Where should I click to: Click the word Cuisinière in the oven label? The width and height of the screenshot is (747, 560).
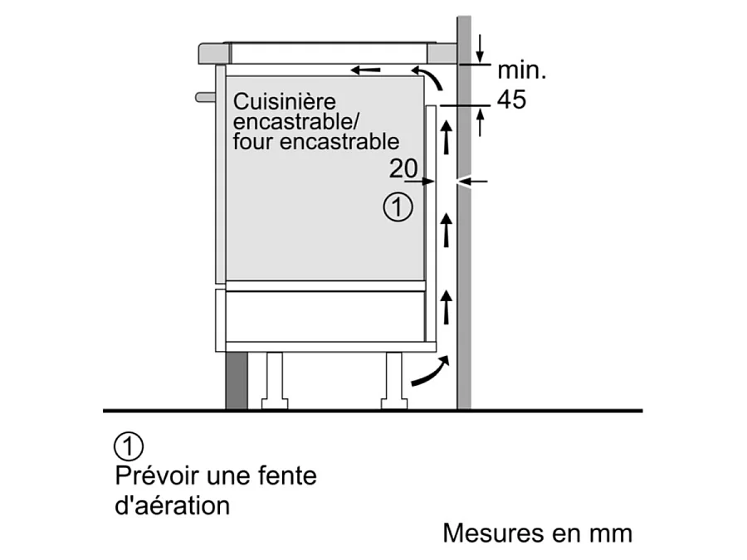[x=274, y=103]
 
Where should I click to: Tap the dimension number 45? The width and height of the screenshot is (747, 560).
[x=511, y=100]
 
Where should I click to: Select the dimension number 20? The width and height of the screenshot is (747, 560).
[x=403, y=168]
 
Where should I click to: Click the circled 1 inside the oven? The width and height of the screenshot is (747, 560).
[x=398, y=207]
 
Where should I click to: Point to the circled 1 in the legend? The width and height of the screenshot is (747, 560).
[x=129, y=446]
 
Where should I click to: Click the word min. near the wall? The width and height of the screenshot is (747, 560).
[x=521, y=71]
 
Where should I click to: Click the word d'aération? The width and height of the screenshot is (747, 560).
[x=171, y=505]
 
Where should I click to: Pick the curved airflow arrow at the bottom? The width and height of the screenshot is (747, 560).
[x=429, y=372]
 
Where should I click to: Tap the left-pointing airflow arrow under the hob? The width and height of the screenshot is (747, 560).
[x=365, y=70]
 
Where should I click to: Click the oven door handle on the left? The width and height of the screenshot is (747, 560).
[x=205, y=97]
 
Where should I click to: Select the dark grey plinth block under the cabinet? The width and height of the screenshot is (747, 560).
[x=236, y=381]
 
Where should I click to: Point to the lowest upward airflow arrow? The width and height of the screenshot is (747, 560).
[x=447, y=307]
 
